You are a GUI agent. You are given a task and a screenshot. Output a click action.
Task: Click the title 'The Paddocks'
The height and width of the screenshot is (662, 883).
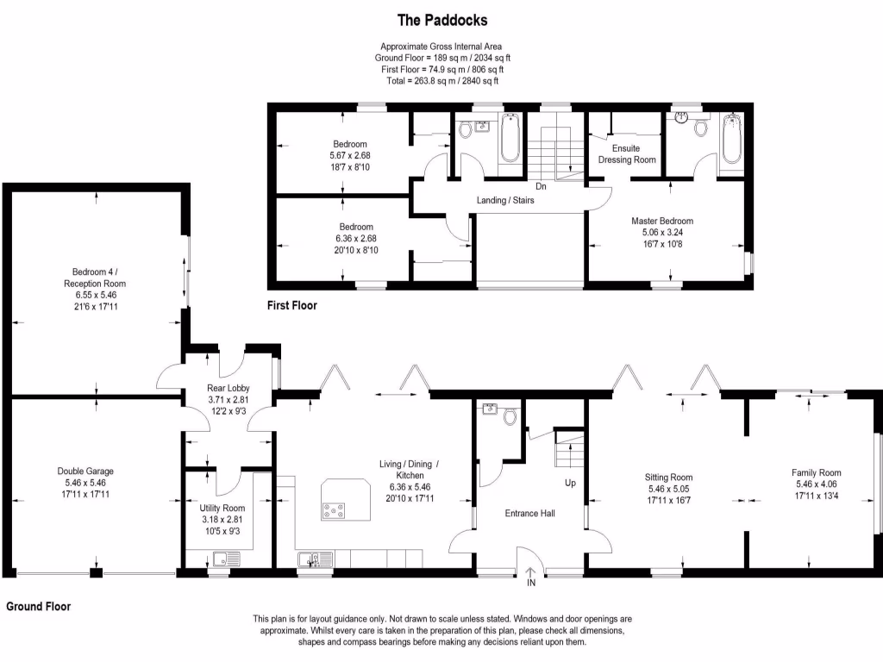click(441, 19)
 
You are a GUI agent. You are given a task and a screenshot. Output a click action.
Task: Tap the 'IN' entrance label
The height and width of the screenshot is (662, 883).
click(531, 584)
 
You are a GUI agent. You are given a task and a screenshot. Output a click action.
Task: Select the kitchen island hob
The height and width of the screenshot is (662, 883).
click(334, 510)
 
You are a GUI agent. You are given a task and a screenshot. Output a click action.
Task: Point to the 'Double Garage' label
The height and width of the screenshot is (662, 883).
click(85, 471)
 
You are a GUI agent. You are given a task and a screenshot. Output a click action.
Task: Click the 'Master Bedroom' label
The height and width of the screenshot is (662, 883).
click(661, 221)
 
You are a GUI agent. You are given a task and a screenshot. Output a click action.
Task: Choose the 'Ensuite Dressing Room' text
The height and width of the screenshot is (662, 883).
click(627, 153)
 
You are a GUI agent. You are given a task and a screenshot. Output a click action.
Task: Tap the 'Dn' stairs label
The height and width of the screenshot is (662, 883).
click(541, 186)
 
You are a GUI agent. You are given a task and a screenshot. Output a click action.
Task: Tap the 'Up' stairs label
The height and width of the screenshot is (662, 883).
click(570, 483)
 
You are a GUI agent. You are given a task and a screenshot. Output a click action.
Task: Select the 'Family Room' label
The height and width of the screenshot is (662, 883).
click(816, 472)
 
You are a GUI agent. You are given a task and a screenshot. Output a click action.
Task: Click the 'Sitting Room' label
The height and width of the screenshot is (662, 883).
click(668, 477)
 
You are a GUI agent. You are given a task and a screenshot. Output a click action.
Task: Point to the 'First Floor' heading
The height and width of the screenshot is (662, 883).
click(291, 305)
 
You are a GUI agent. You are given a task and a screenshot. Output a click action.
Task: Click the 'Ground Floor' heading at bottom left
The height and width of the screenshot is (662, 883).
click(39, 607)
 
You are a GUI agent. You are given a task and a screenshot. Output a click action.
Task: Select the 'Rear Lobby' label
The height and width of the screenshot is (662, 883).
click(228, 388)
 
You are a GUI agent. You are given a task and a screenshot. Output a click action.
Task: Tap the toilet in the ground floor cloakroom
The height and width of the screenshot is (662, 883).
click(510, 417)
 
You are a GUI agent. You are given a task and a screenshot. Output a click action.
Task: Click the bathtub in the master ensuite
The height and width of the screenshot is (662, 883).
click(731, 140)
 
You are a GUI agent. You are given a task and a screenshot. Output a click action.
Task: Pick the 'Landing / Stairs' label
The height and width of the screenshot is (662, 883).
click(506, 201)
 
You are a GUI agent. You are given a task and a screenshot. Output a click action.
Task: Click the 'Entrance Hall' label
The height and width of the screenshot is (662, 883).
click(529, 513)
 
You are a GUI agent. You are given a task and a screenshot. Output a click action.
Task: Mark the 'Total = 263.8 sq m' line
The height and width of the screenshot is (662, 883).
click(441, 80)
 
